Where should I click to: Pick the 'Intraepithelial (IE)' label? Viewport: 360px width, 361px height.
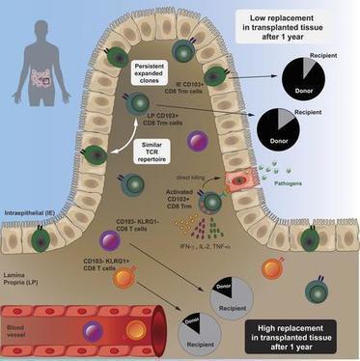tap(35, 206)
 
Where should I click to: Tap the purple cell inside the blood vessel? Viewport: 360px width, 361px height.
tap(95, 332)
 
